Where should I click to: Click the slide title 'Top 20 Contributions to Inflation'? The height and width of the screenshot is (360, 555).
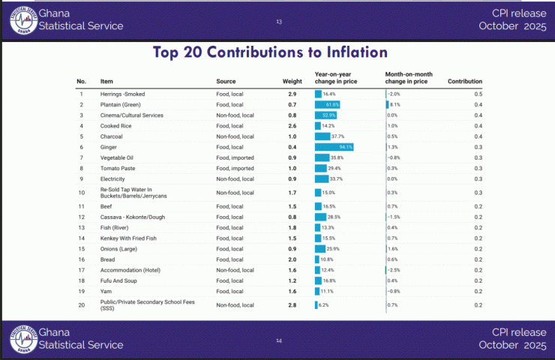(x=270, y=52)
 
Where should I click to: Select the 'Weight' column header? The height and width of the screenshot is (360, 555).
(x=292, y=81)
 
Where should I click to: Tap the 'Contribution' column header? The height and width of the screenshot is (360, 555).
(x=464, y=81)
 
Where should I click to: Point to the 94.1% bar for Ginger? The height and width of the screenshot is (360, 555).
(x=334, y=147)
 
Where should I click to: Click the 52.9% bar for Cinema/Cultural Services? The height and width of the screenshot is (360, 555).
(x=325, y=115)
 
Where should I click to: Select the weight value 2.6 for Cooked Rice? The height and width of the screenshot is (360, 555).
(x=292, y=126)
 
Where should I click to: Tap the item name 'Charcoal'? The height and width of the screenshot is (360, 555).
(x=111, y=136)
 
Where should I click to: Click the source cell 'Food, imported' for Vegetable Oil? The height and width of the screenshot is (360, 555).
(x=235, y=157)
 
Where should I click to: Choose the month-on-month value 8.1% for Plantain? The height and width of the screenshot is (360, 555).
(x=394, y=104)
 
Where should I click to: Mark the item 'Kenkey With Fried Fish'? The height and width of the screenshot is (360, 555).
(x=128, y=238)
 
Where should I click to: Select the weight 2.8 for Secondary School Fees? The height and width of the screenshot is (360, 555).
(x=292, y=305)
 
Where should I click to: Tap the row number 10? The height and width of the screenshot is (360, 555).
(x=81, y=193)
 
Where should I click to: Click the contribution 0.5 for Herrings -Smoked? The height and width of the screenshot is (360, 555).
(x=478, y=94)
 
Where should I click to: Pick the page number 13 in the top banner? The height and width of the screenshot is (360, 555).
(x=279, y=21)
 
